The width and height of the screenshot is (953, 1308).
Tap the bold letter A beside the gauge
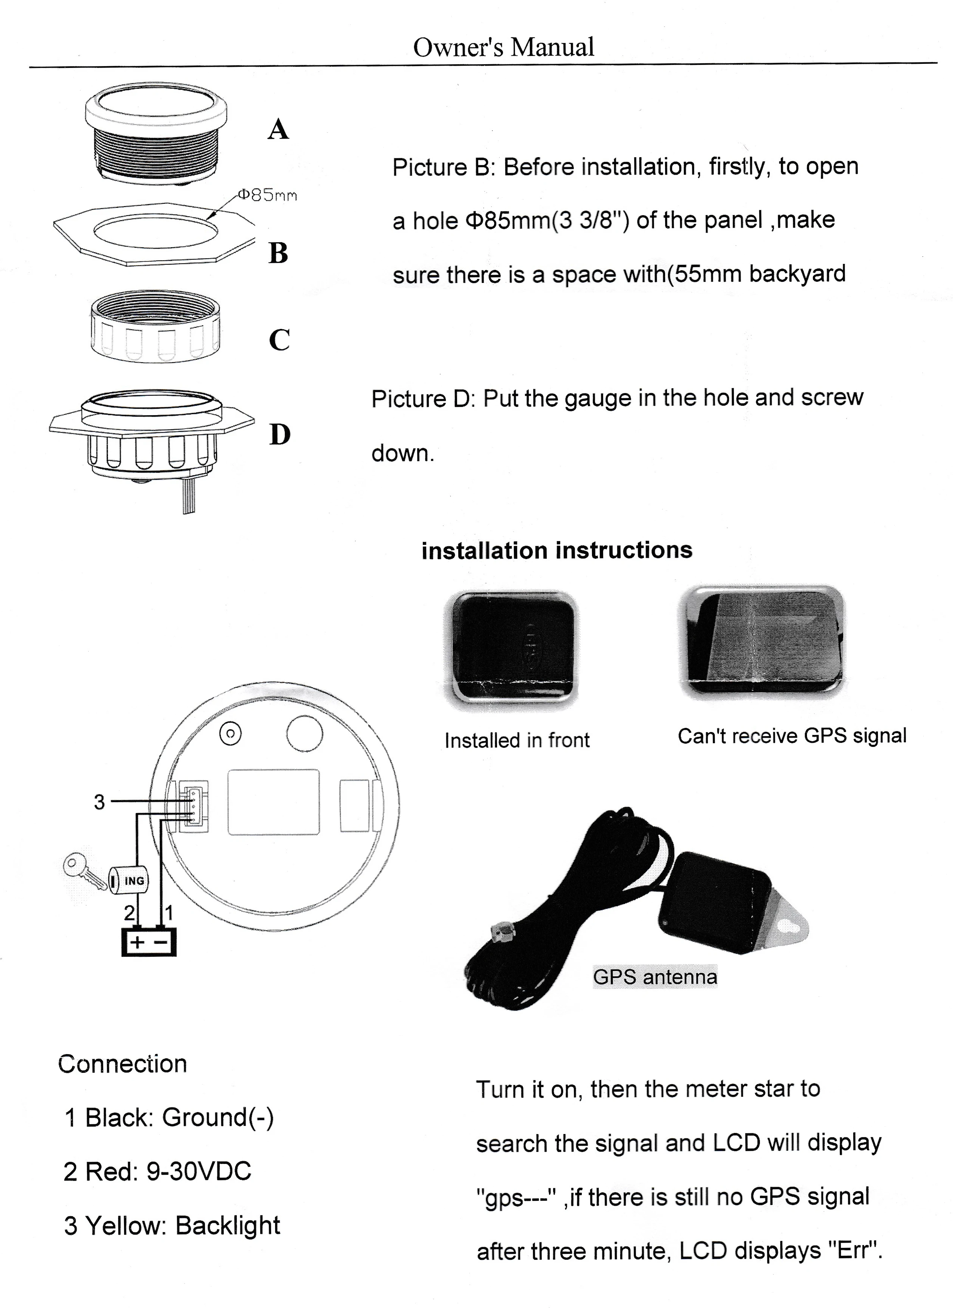tap(278, 129)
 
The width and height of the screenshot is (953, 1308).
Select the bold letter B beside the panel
tap(278, 253)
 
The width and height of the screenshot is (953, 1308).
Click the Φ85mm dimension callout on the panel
tap(267, 196)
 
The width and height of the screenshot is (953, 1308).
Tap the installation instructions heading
tap(557, 550)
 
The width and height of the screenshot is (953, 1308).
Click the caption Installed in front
tap(517, 740)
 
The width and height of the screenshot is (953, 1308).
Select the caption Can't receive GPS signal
tap(791, 736)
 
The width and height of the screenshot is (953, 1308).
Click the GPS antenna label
tap(655, 977)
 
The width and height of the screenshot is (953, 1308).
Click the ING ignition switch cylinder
tap(129, 880)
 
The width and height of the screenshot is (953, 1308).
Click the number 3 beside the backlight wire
tap(99, 802)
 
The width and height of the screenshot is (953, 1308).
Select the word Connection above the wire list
tap(122, 1064)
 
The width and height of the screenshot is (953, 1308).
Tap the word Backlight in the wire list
tap(227, 1225)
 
